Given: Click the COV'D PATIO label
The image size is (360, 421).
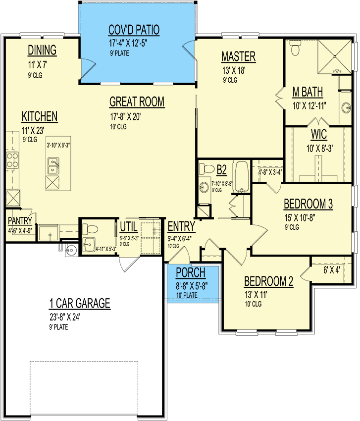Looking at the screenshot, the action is [134, 30].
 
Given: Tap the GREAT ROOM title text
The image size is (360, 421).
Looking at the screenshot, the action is [137, 102].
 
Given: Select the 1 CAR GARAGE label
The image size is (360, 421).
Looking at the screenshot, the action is [80, 303].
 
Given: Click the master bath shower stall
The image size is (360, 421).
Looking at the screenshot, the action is [334, 56].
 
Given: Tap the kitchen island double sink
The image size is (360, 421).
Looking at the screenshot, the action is [53, 166].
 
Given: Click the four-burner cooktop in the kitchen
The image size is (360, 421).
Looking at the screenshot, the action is [12, 160].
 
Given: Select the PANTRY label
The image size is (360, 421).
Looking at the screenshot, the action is [20, 221].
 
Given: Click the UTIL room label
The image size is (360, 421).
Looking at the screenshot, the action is [129, 227].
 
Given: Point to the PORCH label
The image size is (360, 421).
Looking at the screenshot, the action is [191, 272].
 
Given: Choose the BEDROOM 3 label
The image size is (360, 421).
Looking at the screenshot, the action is [308, 204].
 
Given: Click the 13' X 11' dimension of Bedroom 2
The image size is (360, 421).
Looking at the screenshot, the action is [256, 295].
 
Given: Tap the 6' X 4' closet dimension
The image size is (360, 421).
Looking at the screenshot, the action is [332, 270].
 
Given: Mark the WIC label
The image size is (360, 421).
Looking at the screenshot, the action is [319, 134].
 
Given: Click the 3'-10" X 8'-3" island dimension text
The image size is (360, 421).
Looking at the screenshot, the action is [58, 145].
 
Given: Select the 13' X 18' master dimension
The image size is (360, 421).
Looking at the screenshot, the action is [234, 70].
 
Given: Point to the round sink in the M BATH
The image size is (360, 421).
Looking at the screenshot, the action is [346, 108].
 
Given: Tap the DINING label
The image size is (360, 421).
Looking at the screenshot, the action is [42, 50].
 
